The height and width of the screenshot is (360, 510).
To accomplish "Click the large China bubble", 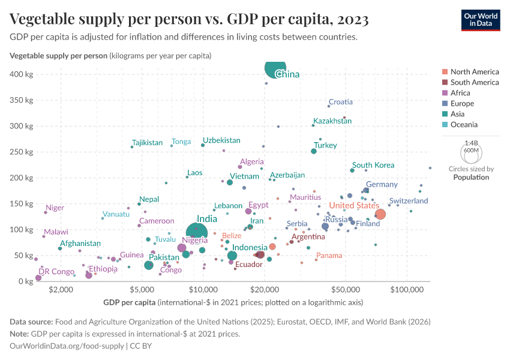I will [275, 68].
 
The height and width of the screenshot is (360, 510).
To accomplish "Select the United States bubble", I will [380, 214].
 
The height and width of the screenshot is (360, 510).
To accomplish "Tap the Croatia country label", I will [341, 102].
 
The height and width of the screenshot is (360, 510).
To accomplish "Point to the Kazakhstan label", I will [332, 121].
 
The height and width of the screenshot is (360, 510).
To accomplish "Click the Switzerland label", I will [409, 201].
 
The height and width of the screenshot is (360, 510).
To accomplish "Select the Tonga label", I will [181, 142].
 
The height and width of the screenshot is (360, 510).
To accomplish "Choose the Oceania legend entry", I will [464, 125].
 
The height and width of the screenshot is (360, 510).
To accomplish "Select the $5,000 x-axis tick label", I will [141, 290].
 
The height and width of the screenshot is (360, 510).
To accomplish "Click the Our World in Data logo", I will [480, 19].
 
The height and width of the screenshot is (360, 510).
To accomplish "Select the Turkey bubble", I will [314, 151].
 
